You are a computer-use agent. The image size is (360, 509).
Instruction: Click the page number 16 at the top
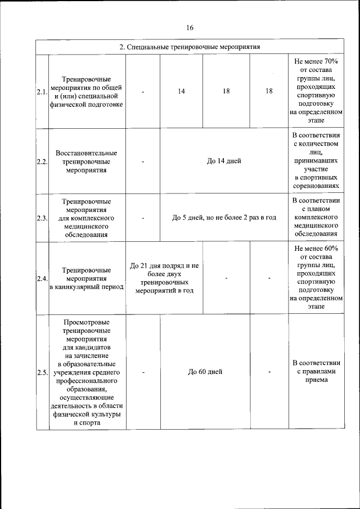[190, 28]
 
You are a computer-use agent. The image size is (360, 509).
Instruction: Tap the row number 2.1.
[42, 92]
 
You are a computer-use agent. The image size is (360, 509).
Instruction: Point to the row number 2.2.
[42, 161]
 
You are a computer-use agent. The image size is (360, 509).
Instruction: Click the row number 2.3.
[42, 218]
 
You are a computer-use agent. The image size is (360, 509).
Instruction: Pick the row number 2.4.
[42, 278]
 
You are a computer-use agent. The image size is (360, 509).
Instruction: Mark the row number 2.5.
[42, 372]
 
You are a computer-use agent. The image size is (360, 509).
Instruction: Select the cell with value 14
[181, 92]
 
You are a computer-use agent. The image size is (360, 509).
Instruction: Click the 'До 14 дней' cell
[224, 161]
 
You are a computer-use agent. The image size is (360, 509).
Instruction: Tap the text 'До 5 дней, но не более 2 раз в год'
[224, 218]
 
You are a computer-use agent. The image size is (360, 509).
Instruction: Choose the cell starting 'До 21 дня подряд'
[164, 278]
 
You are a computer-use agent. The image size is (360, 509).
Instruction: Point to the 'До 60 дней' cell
[205, 372]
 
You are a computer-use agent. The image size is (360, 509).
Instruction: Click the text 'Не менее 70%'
[316, 60]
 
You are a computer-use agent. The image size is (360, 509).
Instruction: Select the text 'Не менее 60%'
[316, 247]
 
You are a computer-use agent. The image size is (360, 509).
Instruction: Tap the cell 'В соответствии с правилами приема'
[316, 371]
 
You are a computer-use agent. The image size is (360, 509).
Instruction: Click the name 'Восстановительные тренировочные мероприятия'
[87, 161]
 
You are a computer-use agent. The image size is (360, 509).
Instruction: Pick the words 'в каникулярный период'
[87, 287]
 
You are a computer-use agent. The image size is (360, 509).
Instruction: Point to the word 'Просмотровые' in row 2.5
[87, 322]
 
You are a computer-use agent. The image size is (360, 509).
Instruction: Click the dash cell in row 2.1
[143, 92]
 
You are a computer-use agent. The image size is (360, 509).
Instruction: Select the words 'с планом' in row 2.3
[316, 209]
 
